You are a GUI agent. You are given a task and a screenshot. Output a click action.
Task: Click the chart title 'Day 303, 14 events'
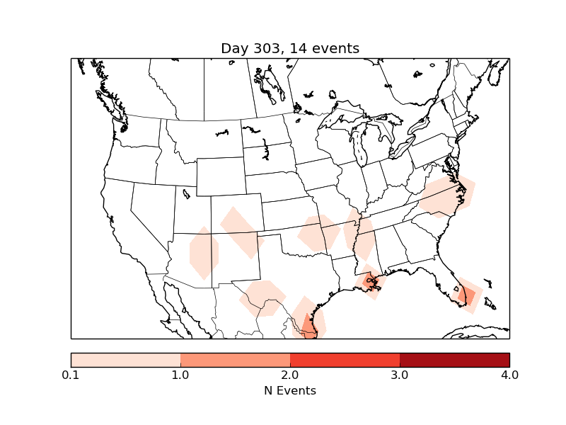coord(290,48)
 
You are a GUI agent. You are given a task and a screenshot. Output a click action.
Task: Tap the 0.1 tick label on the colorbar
coord(71,375)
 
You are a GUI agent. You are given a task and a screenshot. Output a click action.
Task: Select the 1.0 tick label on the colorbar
coord(180,375)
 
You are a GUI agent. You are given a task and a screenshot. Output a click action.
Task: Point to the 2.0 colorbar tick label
coord(290,375)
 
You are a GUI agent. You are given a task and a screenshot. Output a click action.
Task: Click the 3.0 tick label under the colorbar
coord(400,375)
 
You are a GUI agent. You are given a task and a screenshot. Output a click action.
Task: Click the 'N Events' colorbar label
coord(290,390)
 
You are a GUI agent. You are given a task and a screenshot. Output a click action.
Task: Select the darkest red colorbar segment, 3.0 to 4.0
coord(454,360)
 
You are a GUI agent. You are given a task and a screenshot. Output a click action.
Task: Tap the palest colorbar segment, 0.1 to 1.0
coord(125,360)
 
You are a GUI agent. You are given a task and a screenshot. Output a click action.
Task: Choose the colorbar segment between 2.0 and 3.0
coord(345,360)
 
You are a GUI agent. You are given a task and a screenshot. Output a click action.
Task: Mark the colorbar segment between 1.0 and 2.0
coord(235,360)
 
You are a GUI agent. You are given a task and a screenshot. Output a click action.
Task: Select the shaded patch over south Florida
coord(468,294)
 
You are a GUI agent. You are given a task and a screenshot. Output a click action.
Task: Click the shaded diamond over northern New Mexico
coord(241,231)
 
